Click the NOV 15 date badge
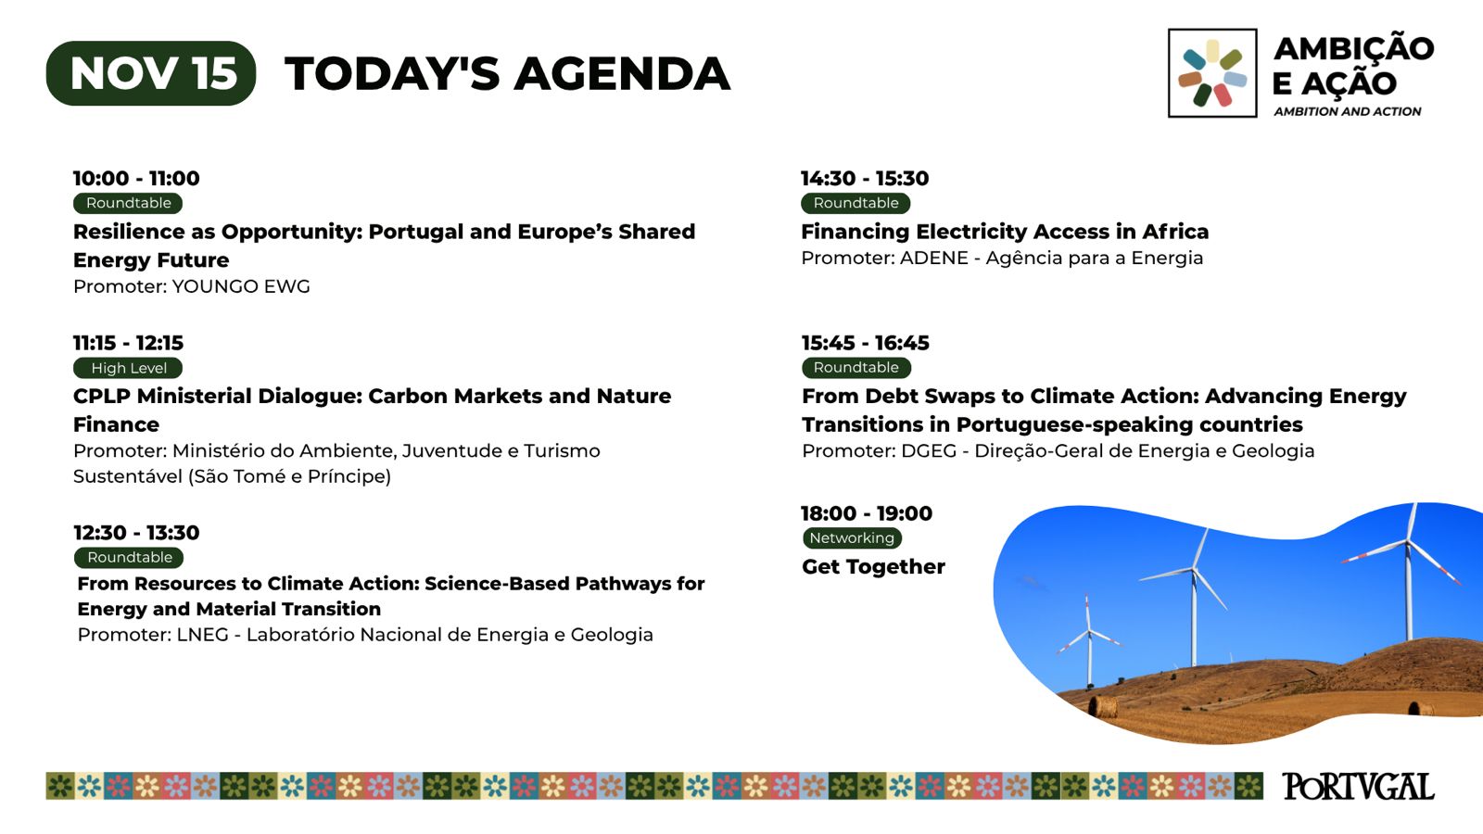151,73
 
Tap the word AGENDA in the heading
622,73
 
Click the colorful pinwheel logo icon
1212,73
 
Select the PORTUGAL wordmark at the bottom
1358,787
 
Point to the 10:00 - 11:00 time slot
136,178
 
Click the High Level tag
129,368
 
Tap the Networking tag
852,538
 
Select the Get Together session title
873,566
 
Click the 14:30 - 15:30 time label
865,178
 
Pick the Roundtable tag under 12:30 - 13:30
129,557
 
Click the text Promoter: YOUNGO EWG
191,286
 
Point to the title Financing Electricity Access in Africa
1005,232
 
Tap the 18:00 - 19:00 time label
867,513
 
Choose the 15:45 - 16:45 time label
866,343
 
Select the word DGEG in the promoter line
929,450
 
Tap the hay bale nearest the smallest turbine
1103,707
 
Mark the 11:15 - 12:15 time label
129,343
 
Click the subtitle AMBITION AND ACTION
1348,111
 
